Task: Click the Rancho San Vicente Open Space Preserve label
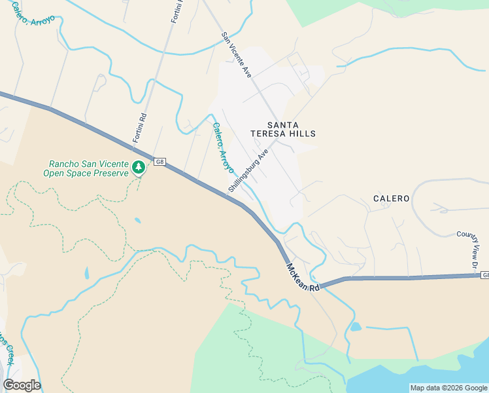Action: click(x=86, y=168)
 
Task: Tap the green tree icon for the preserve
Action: click(x=139, y=168)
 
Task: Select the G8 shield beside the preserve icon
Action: click(x=159, y=161)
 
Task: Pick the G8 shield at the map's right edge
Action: click(x=484, y=276)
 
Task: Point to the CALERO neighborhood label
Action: click(x=391, y=198)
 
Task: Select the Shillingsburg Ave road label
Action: click(x=248, y=170)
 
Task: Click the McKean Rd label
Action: click(x=303, y=278)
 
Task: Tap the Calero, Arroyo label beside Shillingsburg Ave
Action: click(x=222, y=148)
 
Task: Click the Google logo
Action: click(x=22, y=385)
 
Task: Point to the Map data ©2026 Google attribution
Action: click(x=448, y=388)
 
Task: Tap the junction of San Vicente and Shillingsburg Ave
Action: click(x=277, y=138)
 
